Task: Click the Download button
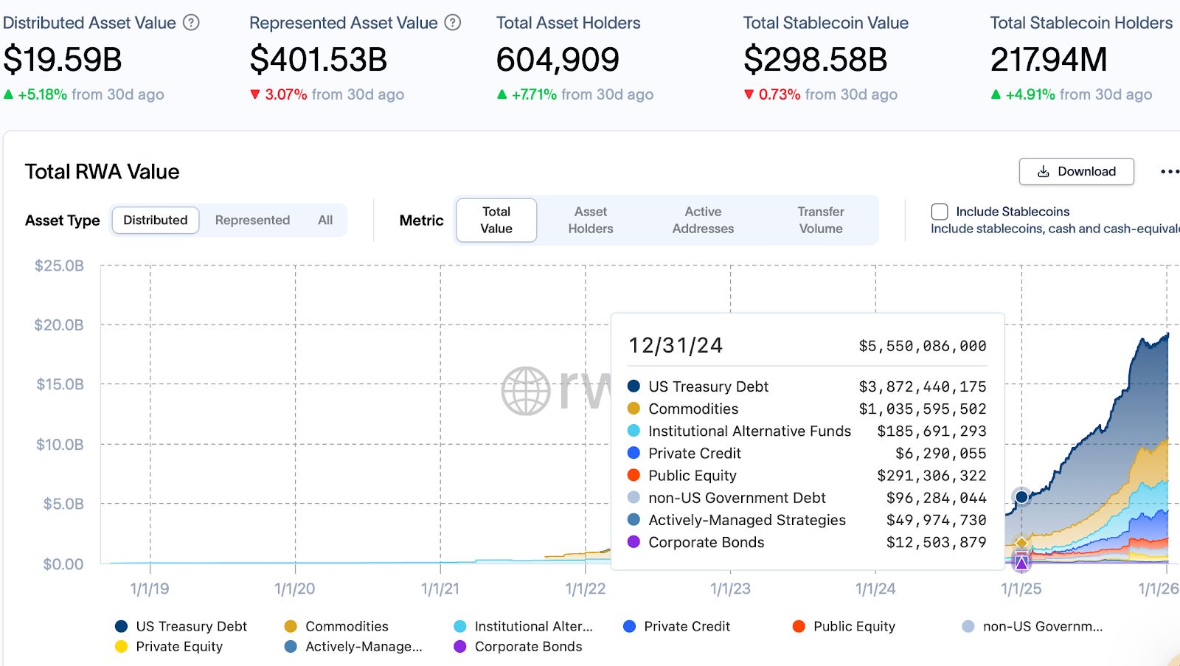(1076, 172)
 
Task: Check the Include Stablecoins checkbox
(940, 212)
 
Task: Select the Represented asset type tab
(252, 221)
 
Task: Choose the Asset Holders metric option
(590, 221)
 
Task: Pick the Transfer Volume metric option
(820, 221)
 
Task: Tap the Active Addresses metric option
(703, 221)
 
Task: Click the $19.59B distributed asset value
(63, 60)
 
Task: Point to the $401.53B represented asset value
(319, 60)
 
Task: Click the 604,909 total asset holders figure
(558, 60)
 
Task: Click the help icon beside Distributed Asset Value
(191, 23)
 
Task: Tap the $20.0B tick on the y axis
(59, 325)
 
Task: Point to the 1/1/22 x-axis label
(586, 589)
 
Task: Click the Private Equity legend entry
(179, 647)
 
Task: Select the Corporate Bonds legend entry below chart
(528, 647)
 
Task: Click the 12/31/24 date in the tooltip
(675, 346)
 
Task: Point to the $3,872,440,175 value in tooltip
(922, 386)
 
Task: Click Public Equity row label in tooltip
(692, 476)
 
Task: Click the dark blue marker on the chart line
(1021, 497)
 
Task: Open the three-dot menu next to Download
(1169, 172)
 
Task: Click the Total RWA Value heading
(103, 172)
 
